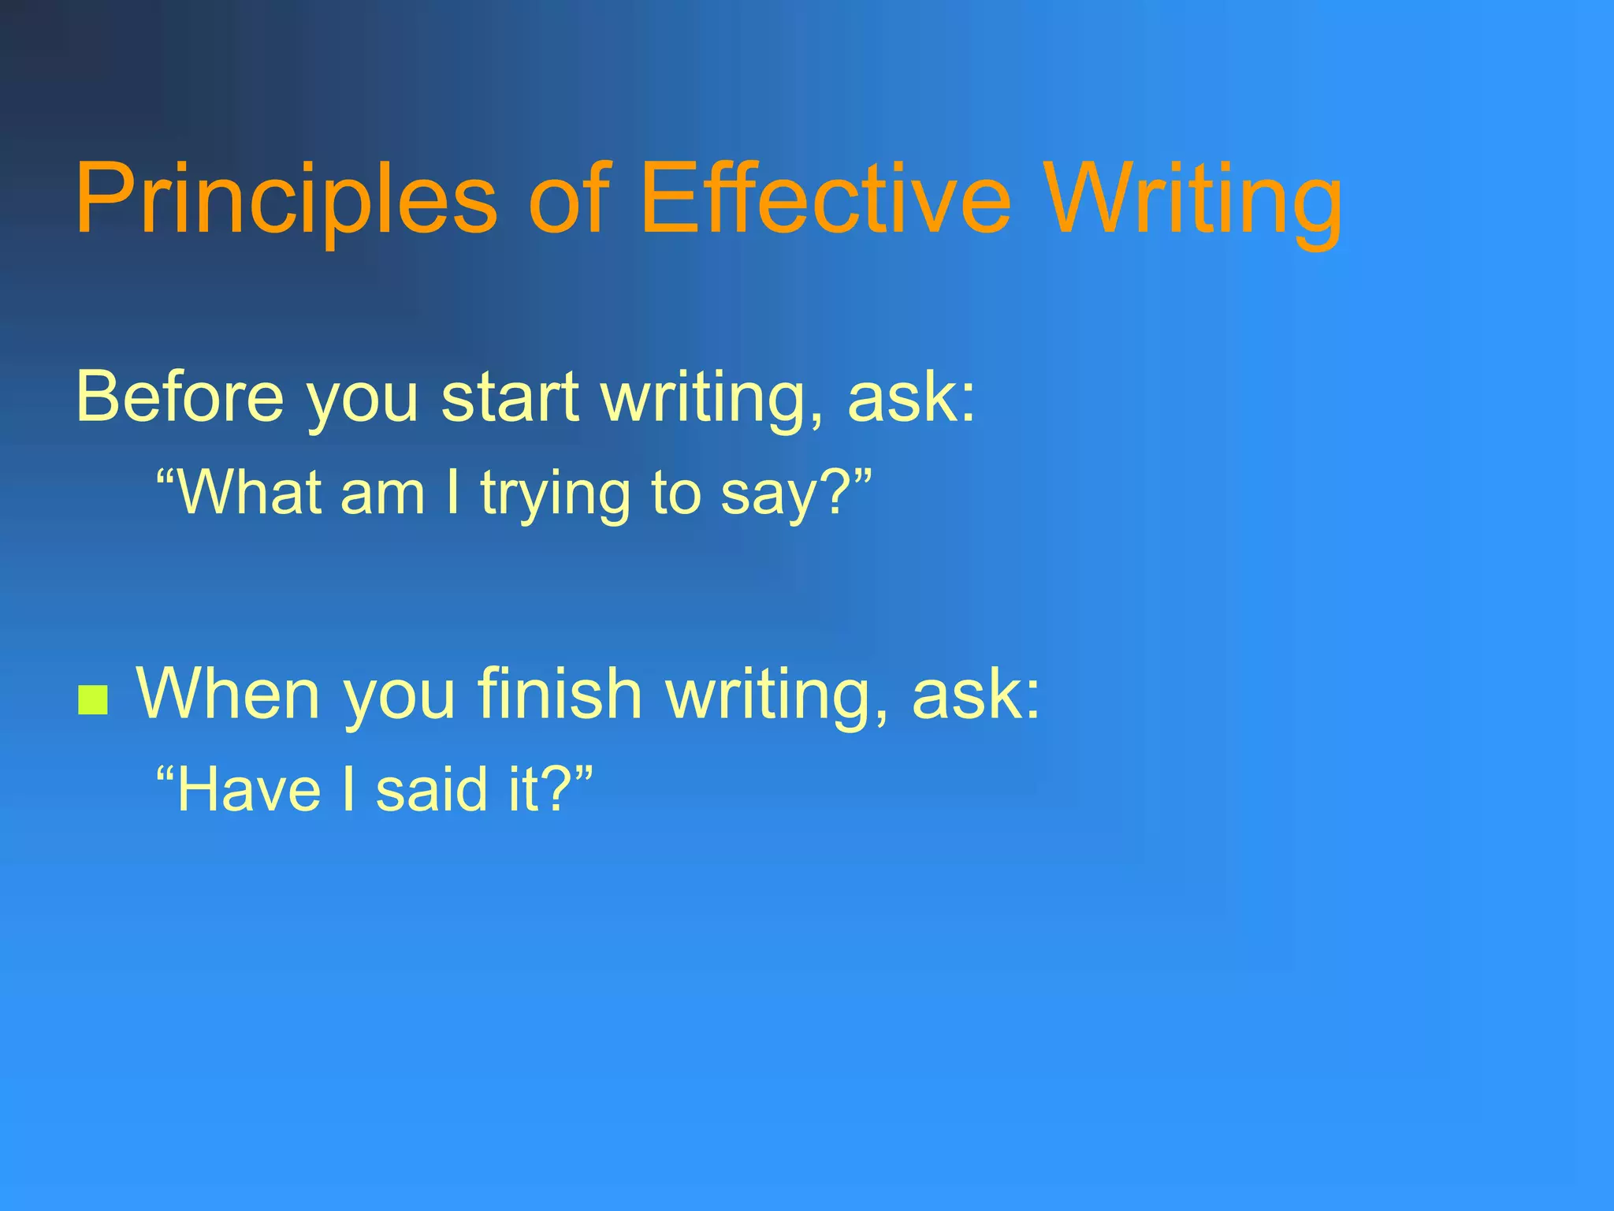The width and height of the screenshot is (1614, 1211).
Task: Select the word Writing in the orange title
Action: [1194, 199]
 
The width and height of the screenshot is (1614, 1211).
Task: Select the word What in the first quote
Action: [251, 493]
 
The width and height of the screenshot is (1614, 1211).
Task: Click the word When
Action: [229, 694]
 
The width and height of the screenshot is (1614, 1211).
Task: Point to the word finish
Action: [560, 694]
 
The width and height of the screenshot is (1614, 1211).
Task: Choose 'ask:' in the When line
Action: [976, 694]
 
